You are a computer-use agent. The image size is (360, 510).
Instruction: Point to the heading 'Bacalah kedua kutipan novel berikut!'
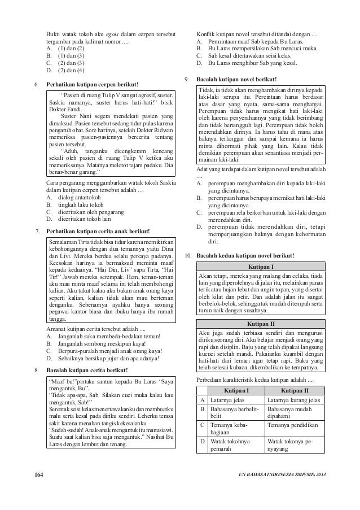coord(245,255)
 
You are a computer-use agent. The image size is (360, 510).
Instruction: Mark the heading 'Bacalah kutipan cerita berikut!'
coord(87,370)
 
